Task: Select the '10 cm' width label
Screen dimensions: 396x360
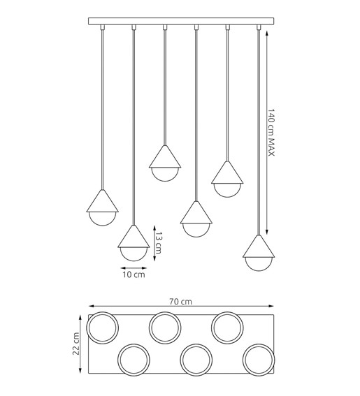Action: click(x=134, y=276)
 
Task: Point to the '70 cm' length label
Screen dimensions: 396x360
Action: click(x=180, y=302)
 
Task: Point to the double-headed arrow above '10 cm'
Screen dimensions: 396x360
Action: click(x=134, y=266)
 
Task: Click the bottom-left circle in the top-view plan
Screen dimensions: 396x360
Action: click(x=134, y=358)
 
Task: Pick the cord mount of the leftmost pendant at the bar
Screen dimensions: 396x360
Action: click(x=102, y=28)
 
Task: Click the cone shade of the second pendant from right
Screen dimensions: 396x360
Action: click(x=227, y=172)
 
